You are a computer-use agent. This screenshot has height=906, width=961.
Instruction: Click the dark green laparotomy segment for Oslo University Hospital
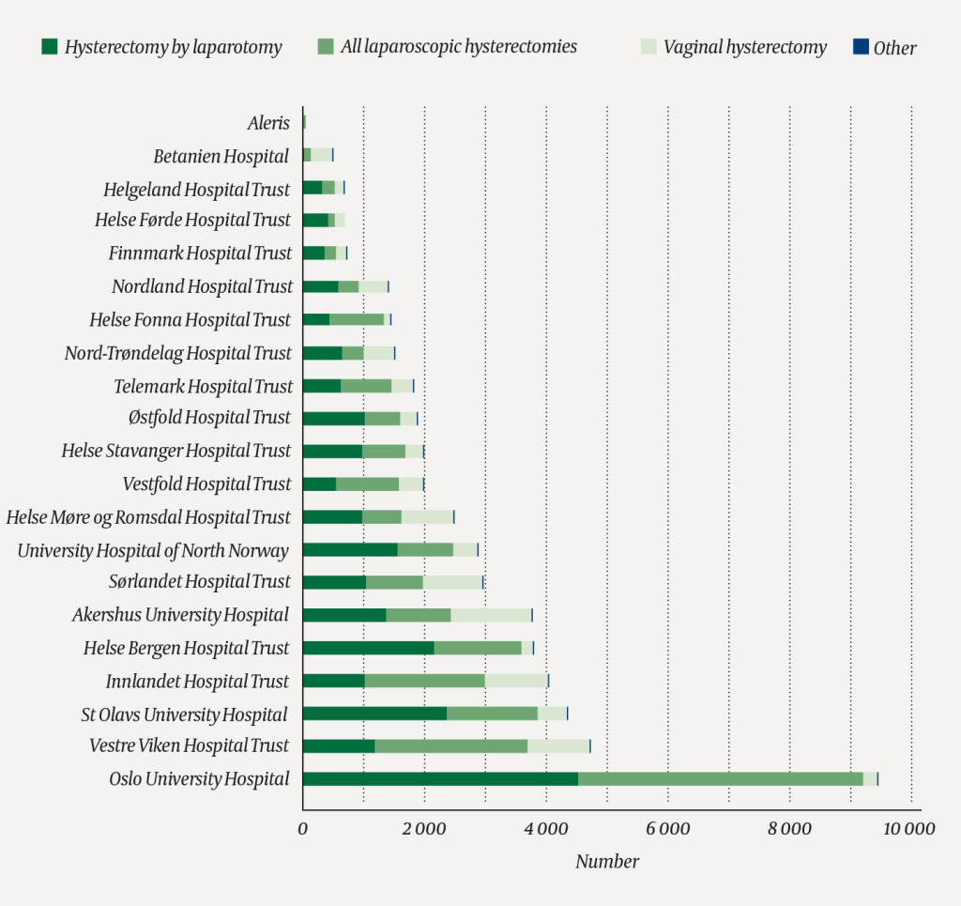point(440,778)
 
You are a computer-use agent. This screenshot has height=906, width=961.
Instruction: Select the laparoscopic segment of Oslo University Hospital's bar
point(720,778)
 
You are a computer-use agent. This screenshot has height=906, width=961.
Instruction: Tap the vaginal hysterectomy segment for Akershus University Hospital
point(491,615)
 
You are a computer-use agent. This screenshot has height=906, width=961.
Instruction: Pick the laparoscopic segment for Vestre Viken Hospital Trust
point(450,745)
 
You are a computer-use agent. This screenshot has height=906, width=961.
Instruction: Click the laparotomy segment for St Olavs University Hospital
point(374,714)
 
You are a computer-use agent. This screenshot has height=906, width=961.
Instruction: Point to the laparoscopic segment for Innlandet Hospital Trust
point(424,681)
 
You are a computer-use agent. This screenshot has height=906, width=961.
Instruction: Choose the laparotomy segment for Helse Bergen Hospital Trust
point(368,648)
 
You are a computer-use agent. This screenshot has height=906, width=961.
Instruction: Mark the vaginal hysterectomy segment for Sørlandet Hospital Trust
point(452,582)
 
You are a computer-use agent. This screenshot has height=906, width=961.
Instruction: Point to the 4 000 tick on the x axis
point(545,829)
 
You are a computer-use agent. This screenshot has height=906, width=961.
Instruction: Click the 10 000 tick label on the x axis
point(910,829)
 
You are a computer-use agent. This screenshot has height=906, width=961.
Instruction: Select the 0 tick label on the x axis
point(302,829)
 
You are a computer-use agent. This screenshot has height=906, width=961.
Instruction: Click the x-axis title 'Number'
point(606,862)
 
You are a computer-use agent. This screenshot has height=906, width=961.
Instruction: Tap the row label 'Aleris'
point(268,123)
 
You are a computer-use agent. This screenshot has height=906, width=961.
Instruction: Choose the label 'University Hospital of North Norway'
point(153,550)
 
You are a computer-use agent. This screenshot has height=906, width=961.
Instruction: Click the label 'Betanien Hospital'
point(221,156)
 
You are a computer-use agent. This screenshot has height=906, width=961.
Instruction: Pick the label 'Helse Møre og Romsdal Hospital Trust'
point(148,517)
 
